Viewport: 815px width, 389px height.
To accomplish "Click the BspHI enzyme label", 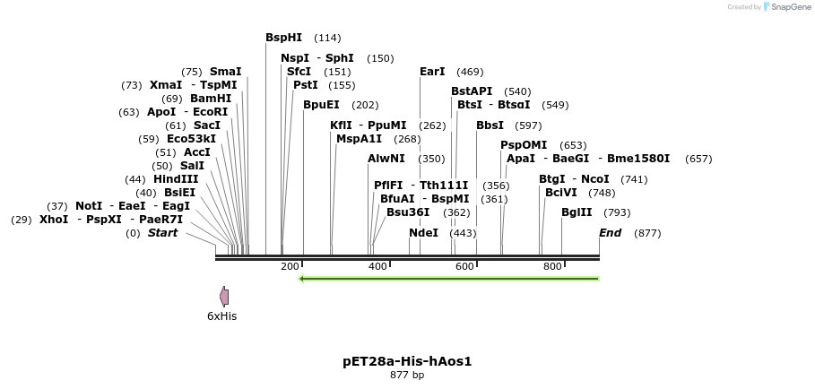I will [x=283, y=38].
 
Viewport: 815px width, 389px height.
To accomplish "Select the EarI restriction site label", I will [x=432, y=72].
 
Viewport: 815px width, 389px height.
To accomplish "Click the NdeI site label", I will [x=423, y=233].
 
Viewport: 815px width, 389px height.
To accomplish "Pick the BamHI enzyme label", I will [x=211, y=99].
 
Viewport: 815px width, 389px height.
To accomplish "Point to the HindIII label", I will [x=176, y=179].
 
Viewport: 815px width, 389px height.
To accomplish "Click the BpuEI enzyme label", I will [x=321, y=105].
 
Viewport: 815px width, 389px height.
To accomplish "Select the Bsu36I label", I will [x=408, y=212].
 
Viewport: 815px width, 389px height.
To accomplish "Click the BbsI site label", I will [x=490, y=125].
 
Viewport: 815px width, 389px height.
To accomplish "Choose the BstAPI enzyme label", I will [x=472, y=91].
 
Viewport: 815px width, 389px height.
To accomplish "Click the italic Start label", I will [x=162, y=233].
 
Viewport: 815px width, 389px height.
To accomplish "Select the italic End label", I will [x=610, y=233].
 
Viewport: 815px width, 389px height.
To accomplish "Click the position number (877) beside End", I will [x=647, y=233].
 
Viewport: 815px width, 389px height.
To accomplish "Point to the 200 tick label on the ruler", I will [x=290, y=267].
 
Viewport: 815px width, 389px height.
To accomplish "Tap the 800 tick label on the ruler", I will [x=552, y=267].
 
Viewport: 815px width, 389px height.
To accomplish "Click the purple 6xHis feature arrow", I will [x=224, y=297].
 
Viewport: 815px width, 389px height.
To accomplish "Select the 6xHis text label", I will [x=221, y=316].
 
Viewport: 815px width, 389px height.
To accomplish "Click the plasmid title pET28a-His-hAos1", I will [x=407, y=361].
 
